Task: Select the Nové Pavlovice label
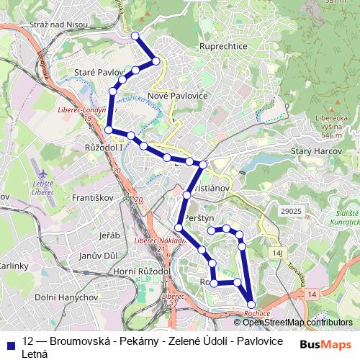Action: click(x=177, y=95)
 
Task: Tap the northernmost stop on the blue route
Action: click(x=135, y=35)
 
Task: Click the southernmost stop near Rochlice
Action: click(x=251, y=305)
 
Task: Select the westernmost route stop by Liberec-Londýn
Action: click(x=108, y=130)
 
